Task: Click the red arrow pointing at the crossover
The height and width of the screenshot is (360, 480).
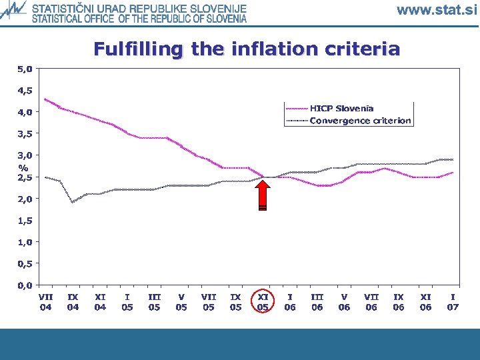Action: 263,195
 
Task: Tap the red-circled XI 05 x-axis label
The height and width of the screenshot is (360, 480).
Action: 263,302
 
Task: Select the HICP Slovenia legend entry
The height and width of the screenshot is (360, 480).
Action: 341,108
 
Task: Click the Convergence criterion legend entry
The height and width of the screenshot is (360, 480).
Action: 360,121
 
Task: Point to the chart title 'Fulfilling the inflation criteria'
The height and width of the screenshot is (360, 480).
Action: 247,49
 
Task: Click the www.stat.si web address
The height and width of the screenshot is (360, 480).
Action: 437,9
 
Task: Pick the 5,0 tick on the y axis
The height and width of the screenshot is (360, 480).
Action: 24,69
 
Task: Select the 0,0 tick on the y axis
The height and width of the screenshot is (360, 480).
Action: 24,285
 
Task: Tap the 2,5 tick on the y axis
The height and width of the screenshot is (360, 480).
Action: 24,177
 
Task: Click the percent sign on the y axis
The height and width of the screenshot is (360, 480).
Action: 23,167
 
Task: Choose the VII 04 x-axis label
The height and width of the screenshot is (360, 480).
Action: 45,302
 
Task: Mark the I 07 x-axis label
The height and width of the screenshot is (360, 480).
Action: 453,302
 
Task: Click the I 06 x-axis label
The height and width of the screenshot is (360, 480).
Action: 290,302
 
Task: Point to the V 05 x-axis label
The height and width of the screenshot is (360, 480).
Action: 181,302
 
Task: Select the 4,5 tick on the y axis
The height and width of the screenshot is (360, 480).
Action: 24,91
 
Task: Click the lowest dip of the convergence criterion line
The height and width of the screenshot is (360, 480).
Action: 73,201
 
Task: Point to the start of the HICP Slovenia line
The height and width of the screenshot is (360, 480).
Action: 45,99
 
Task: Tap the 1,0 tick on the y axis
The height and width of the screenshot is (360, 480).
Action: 24,242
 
